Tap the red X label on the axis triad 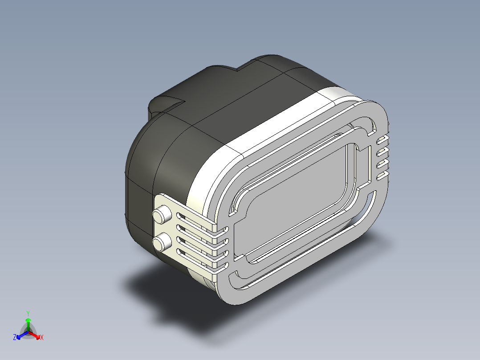(42, 337)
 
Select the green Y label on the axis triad (28, 313)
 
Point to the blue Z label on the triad (15, 337)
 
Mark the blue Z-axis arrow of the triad (20, 335)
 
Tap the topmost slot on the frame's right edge (382, 142)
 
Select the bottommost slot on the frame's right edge (382, 177)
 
